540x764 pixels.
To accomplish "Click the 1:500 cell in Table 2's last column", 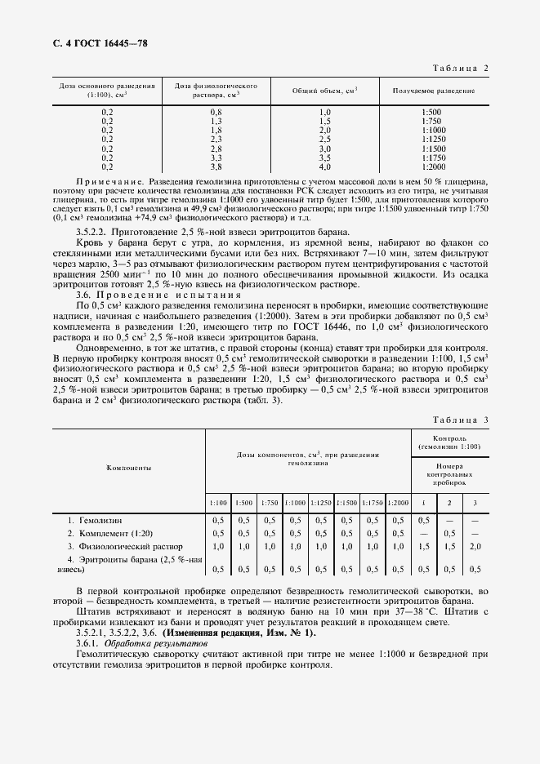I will coord(432,111).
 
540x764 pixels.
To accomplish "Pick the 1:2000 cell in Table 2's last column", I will coord(432,167).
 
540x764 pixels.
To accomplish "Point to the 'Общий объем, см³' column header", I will coord(324,91).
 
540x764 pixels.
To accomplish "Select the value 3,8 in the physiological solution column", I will coord(216,167).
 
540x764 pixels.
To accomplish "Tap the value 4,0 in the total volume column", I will coord(324,167).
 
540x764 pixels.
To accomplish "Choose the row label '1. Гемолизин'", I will coord(97,519).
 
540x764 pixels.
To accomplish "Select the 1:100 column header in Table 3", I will coord(218,503).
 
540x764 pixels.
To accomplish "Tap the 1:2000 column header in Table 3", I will coord(399,503).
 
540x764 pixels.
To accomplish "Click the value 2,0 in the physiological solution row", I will coord(475,546).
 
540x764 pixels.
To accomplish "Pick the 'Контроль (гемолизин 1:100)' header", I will coord(449,442).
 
